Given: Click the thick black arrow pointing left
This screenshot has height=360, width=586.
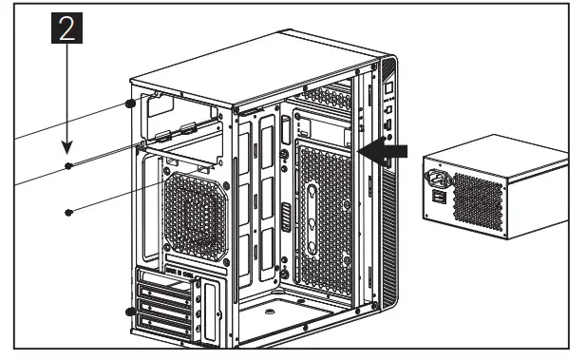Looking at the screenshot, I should (388, 150).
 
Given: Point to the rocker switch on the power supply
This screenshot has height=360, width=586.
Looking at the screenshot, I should (438, 197).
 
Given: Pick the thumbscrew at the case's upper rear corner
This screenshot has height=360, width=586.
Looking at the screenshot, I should (130, 104).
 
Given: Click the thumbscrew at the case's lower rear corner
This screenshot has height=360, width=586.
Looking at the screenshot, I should (130, 312).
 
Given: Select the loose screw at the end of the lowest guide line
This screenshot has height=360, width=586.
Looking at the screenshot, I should (68, 212).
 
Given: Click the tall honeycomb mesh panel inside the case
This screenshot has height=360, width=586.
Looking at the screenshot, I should (323, 218).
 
